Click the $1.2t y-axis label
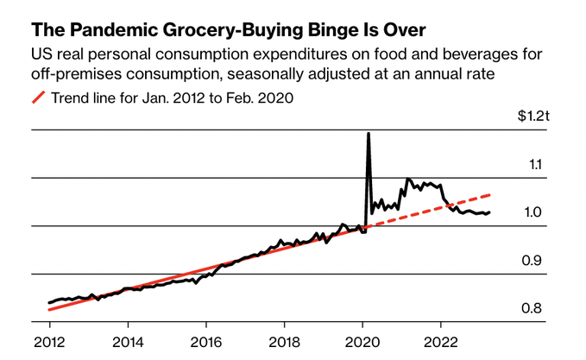[x=520, y=115]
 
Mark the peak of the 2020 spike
[x=369, y=134]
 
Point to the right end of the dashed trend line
[x=490, y=195]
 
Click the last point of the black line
[x=490, y=212]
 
